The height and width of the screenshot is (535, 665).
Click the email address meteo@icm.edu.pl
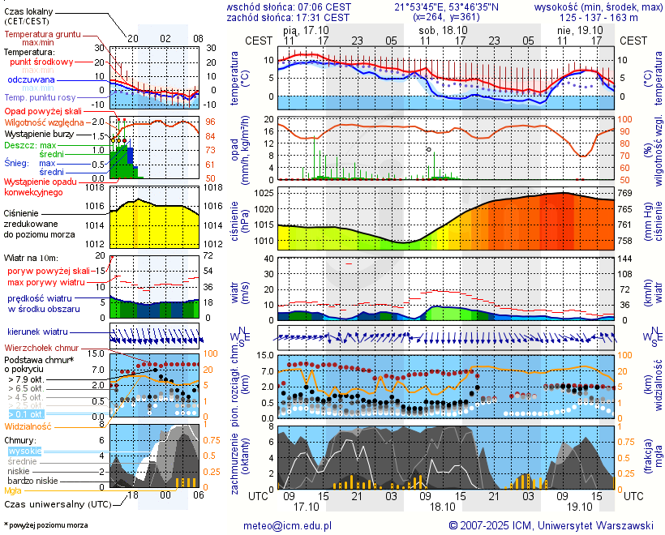[288, 525]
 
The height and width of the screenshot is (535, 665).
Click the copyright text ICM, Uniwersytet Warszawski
[551, 525]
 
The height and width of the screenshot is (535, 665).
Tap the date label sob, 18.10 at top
[438, 29]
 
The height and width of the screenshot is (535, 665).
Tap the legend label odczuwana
[31, 79]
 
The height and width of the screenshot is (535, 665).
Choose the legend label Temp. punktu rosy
[41, 97]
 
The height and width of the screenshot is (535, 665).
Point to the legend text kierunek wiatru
[37, 332]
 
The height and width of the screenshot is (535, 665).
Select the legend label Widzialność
[28, 426]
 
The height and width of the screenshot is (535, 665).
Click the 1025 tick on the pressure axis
[264, 194]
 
